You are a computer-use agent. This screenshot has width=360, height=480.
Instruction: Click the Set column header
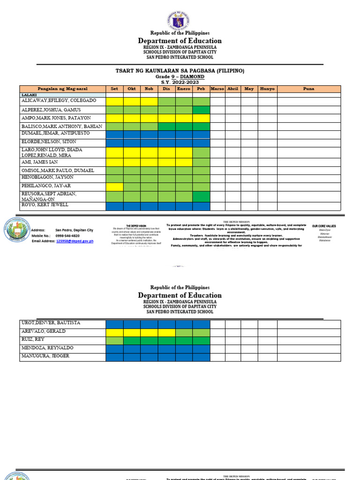114,89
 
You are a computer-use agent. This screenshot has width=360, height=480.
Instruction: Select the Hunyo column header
267,89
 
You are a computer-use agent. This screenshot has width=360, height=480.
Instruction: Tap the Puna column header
308,89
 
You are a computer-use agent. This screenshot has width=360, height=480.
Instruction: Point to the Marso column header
217,89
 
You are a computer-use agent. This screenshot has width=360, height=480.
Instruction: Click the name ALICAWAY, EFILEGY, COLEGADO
59,101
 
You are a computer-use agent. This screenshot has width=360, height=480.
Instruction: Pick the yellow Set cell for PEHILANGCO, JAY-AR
114,186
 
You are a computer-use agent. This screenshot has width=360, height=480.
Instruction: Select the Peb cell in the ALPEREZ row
201,110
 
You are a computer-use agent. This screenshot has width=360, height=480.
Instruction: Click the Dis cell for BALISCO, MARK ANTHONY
166,127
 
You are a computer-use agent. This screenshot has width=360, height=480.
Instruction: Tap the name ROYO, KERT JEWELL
45,205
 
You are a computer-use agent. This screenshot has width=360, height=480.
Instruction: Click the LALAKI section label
29,95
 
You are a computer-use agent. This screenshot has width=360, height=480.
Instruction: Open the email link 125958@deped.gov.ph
75,241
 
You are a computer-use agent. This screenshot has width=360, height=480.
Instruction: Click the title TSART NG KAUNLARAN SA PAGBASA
180,71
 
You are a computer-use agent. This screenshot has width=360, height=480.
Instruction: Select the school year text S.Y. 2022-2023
180,82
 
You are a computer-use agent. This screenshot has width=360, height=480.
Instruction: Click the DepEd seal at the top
180,21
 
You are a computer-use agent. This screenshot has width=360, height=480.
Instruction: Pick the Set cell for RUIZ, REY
114,341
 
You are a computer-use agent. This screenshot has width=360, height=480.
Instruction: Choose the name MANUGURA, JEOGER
45,356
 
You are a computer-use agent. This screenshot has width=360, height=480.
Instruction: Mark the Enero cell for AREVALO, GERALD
184,332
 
